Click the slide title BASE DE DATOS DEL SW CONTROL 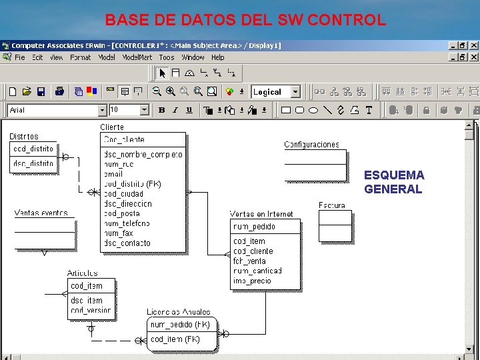245,19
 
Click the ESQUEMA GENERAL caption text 393,182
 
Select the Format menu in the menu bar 80,57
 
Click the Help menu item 217,57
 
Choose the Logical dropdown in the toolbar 276,92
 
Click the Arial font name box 53,110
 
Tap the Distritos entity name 24,137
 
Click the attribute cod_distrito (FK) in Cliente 133,184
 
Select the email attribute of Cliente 113,174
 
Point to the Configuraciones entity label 311,144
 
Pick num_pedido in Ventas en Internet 254,227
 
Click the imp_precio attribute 252,281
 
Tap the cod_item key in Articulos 87,286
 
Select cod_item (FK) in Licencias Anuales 175,339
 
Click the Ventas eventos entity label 41,213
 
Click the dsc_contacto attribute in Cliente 127,243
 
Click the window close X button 473,45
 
